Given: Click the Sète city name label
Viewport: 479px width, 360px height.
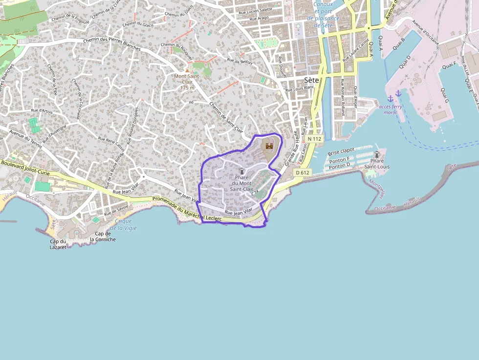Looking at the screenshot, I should [x=311, y=80].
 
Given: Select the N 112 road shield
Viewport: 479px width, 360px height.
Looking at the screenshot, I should [x=315, y=139].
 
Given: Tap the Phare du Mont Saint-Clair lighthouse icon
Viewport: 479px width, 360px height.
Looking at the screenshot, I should [x=241, y=171].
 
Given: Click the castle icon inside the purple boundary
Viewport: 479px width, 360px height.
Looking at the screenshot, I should [x=268, y=145].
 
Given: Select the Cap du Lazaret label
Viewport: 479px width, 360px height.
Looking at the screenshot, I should [x=58, y=244].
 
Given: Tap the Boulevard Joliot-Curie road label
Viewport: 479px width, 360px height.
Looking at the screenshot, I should [x=25, y=165].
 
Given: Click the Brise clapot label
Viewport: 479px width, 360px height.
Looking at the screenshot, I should [x=341, y=150].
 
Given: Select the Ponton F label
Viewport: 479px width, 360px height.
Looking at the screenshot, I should [x=339, y=160].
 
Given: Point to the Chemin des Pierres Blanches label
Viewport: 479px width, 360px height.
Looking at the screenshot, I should [x=112, y=44].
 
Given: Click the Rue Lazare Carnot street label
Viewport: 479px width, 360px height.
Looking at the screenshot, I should [x=355, y=50].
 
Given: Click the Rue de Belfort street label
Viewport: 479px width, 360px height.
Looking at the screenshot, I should [x=239, y=61].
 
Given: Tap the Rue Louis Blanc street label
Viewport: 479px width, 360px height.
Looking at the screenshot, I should [x=300, y=89].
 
